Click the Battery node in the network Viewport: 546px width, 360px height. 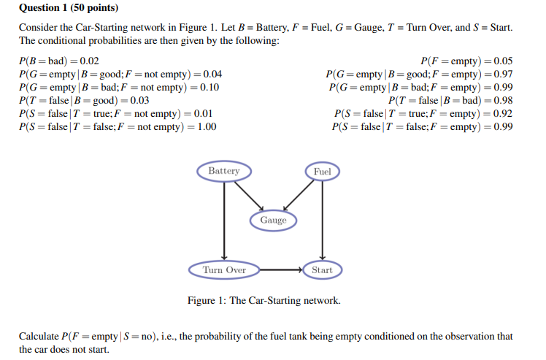tap(223, 171)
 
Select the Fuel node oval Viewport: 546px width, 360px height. tap(322, 172)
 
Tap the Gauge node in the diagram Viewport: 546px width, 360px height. tap(273, 220)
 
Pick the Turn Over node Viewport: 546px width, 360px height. tap(224, 269)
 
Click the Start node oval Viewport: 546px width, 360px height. tap(321, 269)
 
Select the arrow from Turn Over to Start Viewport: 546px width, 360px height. tap(281, 269)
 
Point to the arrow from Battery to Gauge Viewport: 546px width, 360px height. tap(248, 195)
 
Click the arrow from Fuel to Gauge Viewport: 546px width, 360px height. tap(297, 195)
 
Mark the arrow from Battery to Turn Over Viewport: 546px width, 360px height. tap(224, 219)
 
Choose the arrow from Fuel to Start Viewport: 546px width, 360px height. tap(322, 219)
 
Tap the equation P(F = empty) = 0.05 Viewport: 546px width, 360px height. tap(466, 61)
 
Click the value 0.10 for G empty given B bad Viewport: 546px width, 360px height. tap(209, 88)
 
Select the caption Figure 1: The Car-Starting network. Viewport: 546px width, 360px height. tap(264, 301)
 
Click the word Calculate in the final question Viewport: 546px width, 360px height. tap(39, 336)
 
